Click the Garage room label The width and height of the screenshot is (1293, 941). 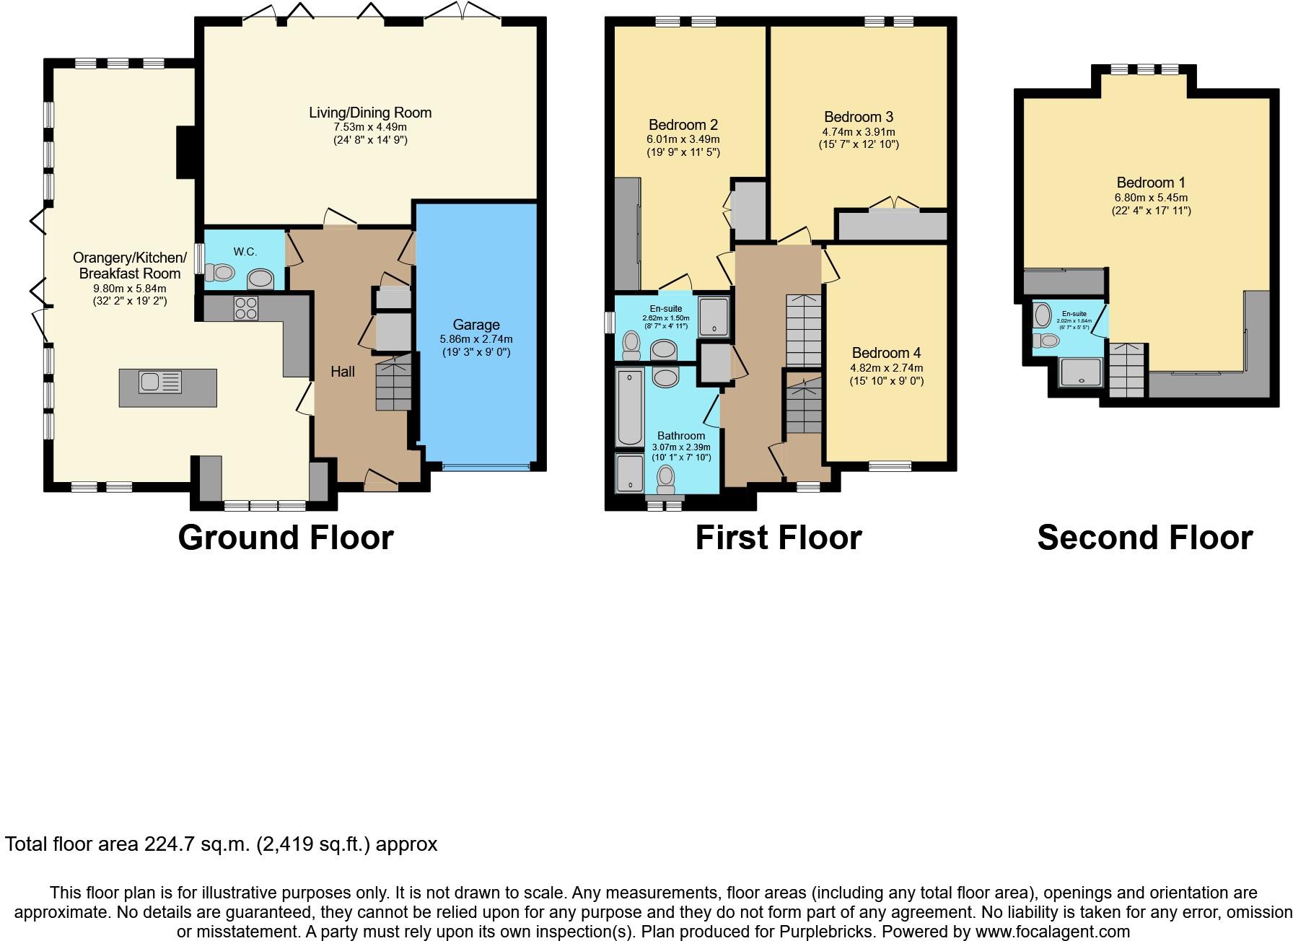[476, 325]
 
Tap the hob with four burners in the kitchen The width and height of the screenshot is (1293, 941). [245, 308]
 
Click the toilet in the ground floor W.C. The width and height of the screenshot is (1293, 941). [220, 273]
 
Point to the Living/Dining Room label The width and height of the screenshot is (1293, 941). [370, 113]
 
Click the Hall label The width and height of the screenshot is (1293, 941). [343, 372]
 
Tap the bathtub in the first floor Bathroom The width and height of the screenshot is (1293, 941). [630, 407]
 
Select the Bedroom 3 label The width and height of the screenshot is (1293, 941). [859, 117]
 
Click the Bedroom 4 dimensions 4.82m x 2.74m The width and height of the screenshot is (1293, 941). [886, 368]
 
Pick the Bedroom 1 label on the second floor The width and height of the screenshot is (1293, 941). [1151, 183]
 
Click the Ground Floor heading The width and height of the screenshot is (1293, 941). [286, 538]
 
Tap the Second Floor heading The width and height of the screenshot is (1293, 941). [1145, 538]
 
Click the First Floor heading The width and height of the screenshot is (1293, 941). [779, 538]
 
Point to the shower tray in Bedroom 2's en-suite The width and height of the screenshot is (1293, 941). [714, 316]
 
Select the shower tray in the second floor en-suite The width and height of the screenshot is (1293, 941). [1081, 372]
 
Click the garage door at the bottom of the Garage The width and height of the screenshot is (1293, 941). [486, 467]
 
